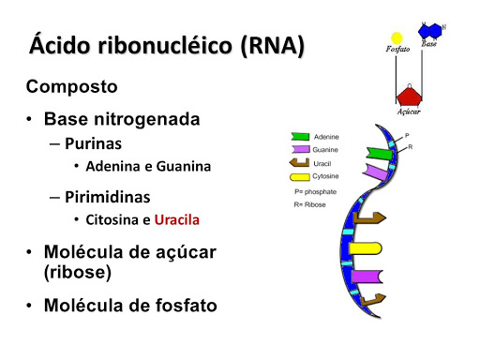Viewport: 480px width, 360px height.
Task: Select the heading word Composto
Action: (x=71, y=87)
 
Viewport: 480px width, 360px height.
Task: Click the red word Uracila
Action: (x=177, y=220)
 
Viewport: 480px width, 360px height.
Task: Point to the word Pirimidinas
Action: (x=108, y=198)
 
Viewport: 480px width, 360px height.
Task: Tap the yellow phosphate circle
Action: (x=397, y=37)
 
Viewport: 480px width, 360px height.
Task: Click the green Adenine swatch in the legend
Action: (x=300, y=137)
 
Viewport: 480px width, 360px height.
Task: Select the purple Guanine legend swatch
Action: (x=300, y=149)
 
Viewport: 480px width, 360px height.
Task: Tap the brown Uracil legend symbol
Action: (x=300, y=162)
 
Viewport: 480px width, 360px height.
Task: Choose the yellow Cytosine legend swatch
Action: (x=300, y=175)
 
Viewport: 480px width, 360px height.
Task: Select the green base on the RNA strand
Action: (x=380, y=153)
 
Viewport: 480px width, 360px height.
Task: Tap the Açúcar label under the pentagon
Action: (x=408, y=112)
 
